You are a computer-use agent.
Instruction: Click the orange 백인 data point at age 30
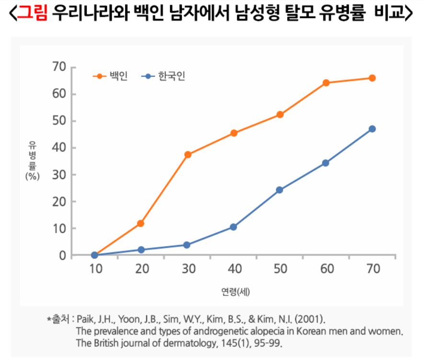(187, 155)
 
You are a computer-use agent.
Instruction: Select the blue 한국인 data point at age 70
(372, 129)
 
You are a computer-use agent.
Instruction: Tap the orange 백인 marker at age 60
(326, 83)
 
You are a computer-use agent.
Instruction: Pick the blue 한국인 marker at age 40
(233, 227)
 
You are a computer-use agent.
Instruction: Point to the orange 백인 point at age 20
(141, 224)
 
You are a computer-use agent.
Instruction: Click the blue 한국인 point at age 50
(279, 190)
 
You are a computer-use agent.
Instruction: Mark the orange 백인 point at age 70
(372, 78)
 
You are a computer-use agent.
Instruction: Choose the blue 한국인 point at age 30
(187, 245)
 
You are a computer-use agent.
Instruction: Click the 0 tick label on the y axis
(62, 256)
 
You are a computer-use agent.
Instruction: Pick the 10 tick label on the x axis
(94, 269)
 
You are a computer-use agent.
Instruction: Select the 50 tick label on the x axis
(279, 269)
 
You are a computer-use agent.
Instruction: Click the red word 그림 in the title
(32, 15)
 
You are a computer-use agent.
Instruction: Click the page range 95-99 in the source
(271, 343)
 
